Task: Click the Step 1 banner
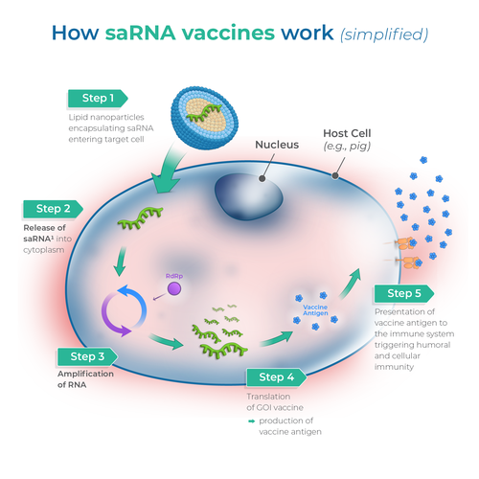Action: tap(98, 98)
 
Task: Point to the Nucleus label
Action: tap(277, 146)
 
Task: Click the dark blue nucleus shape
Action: tap(247, 194)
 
